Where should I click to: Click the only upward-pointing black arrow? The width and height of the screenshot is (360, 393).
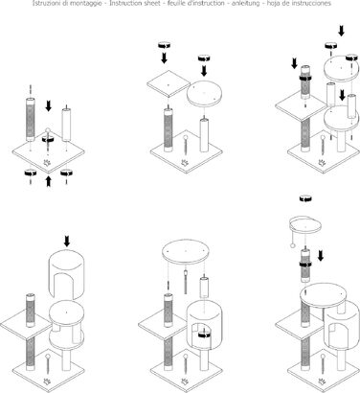[48, 181]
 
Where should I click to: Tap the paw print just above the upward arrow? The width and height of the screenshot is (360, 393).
[48, 163]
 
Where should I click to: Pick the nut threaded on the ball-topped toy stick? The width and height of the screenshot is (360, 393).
[48, 139]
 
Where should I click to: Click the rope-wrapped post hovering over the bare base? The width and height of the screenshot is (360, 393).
[31, 120]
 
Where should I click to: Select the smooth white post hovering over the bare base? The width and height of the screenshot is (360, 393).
[66, 125]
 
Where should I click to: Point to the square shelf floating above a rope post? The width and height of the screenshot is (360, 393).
[169, 84]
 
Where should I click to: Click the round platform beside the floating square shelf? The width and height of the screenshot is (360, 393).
[204, 94]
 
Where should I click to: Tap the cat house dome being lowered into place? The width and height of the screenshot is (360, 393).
[66, 274]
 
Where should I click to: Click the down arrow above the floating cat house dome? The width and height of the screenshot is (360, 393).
[67, 242]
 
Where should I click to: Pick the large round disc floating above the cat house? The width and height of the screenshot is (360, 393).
[186, 252]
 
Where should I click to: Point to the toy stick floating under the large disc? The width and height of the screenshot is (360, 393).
[185, 282]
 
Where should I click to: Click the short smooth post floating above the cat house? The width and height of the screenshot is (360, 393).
[204, 287]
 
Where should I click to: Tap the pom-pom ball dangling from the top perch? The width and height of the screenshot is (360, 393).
[292, 245]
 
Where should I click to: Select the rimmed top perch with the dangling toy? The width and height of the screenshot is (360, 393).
[305, 226]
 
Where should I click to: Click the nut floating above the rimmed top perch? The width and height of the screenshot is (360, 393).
[305, 198]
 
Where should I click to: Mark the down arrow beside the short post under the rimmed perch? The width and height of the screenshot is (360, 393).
[321, 256]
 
